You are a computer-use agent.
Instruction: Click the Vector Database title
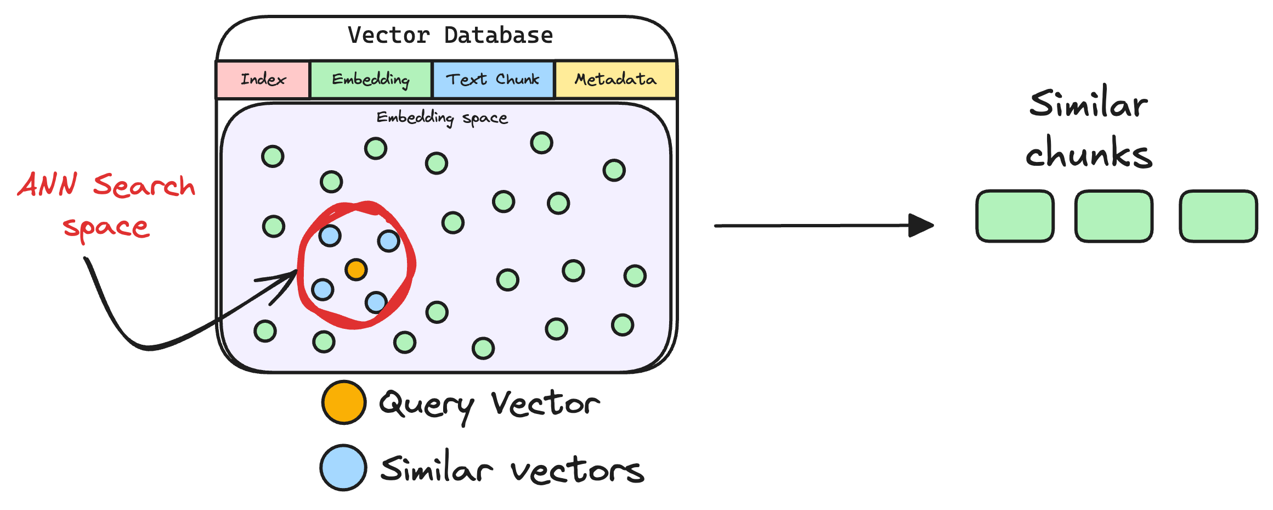[x=450, y=36]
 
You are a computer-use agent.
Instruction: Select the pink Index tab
[x=263, y=80]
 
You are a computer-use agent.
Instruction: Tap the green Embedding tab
[x=371, y=80]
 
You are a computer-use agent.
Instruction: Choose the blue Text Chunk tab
[x=493, y=80]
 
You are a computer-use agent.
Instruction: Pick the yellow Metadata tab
[x=615, y=80]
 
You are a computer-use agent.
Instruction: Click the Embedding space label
[x=442, y=117]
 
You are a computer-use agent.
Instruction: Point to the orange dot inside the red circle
[x=356, y=270]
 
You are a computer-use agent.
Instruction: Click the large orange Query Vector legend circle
[x=344, y=402]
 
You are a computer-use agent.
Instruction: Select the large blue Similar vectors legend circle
[x=343, y=468]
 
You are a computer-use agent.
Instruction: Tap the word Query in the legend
[x=426, y=405]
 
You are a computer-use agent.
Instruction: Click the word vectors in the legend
[x=577, y=471]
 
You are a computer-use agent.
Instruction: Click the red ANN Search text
[x=106, y=185]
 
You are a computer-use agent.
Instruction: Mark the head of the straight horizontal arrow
[x=923, y=225]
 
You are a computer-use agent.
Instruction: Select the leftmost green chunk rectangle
[x=1015, y=216]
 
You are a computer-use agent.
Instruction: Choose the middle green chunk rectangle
[x=1113, y=216]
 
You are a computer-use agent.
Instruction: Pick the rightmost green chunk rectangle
[x=1218, y=216]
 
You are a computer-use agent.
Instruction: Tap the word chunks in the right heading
[x=1089, y=153]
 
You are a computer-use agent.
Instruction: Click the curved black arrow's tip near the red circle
[x=295, y=273]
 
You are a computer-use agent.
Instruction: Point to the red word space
[x=106, y=227]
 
